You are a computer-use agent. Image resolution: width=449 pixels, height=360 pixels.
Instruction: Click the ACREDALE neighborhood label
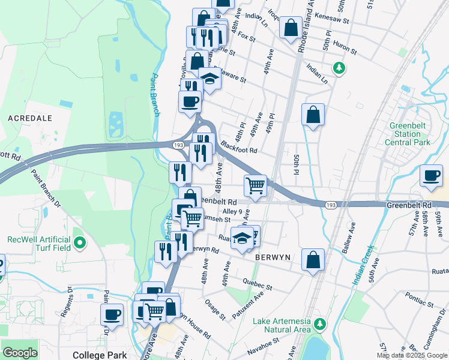(x=29, y=118)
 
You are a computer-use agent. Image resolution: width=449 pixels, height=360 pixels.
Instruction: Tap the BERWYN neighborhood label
(x=273, y=257)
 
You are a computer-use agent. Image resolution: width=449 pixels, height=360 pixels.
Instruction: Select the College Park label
(x=99, y=355)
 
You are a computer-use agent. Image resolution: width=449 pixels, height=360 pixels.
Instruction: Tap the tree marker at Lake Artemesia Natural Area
(x=320, y=325)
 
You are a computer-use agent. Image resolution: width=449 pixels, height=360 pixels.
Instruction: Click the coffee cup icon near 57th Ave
(x=431, y=175)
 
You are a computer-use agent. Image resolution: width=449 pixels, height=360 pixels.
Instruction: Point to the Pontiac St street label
(x=418, y=296)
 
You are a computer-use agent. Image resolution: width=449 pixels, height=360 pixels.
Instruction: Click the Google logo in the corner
(x=20, y=352)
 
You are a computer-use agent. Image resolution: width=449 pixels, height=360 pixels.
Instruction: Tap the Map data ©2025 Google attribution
(x=412, y=355)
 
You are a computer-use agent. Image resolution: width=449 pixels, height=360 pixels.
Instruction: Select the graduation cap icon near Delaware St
(x=209, y=79)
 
